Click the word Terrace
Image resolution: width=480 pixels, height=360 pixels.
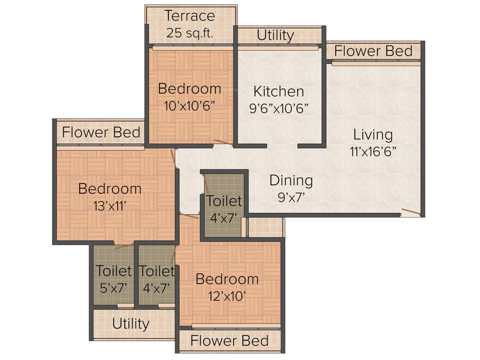(190, 16)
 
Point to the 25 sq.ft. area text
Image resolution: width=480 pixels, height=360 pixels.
(190, 33)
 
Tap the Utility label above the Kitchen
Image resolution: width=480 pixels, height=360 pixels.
(275, 35)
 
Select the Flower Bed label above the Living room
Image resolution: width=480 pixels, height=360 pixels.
(374, 51)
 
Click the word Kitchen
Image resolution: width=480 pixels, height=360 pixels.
(278, 91)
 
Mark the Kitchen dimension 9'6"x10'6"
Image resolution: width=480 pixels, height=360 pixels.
(278, 108)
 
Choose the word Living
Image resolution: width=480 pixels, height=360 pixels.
(373, 135)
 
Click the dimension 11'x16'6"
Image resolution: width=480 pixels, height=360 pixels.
(373, 152)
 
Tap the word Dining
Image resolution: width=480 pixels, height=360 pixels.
(291, 180)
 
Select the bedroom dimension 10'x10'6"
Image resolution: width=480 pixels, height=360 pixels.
(189, 105)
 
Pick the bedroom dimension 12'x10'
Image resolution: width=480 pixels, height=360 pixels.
(227, 296)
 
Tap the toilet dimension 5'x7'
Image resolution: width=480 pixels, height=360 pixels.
(114, 288)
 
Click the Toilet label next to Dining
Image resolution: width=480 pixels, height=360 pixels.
(224, 201)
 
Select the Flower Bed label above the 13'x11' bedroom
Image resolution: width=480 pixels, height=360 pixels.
(101, 132)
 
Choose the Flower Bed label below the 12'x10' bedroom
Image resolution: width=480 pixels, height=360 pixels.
(230, 340)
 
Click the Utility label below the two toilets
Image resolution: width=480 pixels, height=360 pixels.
(131, 323)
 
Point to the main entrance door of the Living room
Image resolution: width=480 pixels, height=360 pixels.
(411, 212)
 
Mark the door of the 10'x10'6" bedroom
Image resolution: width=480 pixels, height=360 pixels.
(224, 142)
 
